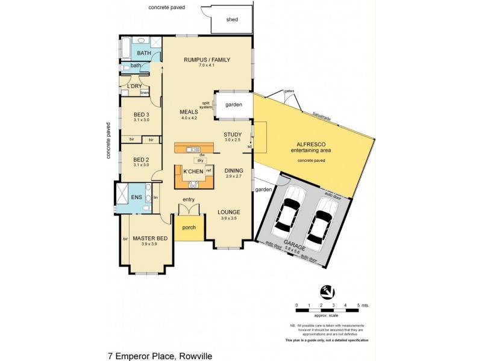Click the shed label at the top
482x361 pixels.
(x=232, y=20)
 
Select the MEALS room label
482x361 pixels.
(x=189, y=112)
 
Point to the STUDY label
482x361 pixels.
(x=232, y=134)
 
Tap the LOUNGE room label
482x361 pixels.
(x=230, y=212)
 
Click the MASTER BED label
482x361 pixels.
(x=148, y=238)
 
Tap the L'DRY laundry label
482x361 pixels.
(x=134, y=86)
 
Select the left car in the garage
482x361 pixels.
(x=288, y=211)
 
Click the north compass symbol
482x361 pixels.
(x=328, y=290)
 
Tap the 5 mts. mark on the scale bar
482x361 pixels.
(x=360, y=305)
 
